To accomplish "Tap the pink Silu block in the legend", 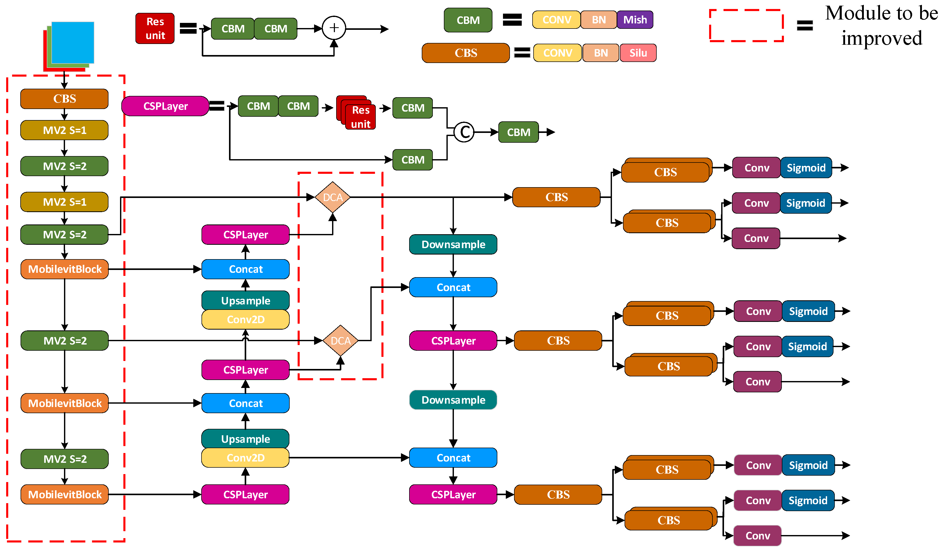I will pyautogui.click(x=638, y=53).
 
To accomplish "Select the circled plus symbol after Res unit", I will pyautogui.click(x=334, y=28).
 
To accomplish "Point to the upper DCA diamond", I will pyautogui.click(x=332, y=197).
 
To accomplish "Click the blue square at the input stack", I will pyautogui.click(x=72, y=42).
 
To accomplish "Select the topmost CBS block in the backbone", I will pyautogui.click(x=64, y=99).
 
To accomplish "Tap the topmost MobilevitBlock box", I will pyautogui.click(x=64, y=269).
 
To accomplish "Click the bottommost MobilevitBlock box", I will pyautogui.click(x=64, y=494).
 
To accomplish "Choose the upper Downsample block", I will pyautogui.click(x=453, y=245).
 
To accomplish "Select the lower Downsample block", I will pyautogui.click(x=453, y=400).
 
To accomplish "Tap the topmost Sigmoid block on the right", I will pyautogui.click(x=806, y=168).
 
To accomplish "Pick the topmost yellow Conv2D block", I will pyautogui.click(x=245, y=320).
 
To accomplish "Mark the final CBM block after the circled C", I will pyautogui.click(x=518, y=132).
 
